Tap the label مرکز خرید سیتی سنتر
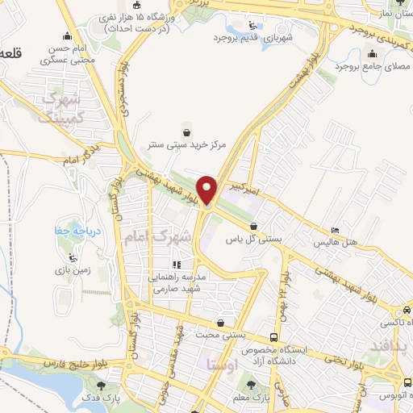pos(187,145)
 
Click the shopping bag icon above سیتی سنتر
pos(187,131)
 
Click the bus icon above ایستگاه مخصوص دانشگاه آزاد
pos(274,336)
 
